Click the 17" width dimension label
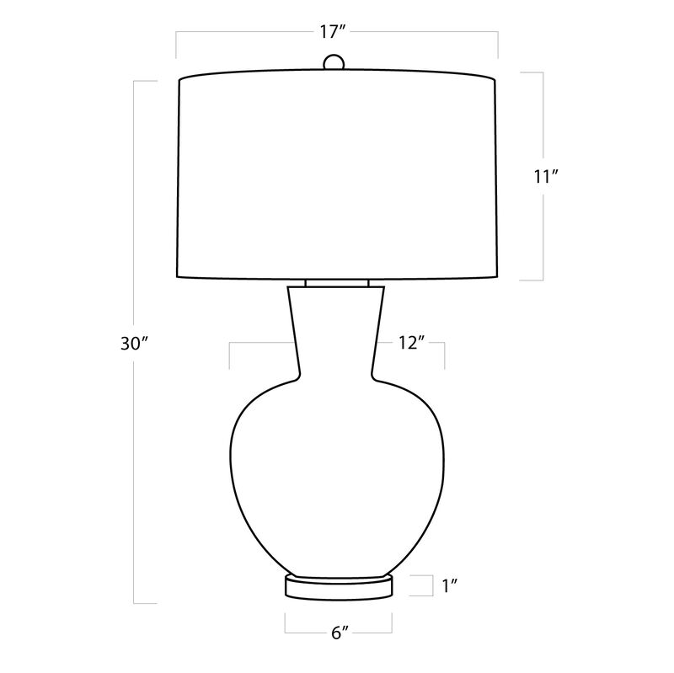[x=333, y=32]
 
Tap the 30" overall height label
[x=134, y=344]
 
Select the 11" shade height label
[x=546, y=177]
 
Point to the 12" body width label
[x=412, y=343]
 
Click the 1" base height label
[x=449, y=585]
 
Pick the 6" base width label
[x=340, y=633]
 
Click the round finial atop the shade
[x=334, y=61]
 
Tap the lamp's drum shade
[x=337, y=174]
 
